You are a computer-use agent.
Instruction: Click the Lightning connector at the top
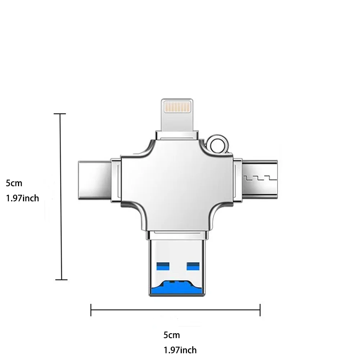pos(177,115)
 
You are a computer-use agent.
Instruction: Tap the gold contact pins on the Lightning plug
pos(177,107)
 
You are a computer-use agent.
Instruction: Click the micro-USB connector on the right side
pos(260,180)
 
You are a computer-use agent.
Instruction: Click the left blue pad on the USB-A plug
pos(163,266)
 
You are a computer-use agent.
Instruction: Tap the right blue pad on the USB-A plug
pos(193,266)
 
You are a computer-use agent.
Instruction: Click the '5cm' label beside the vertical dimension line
pos(14,183)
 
